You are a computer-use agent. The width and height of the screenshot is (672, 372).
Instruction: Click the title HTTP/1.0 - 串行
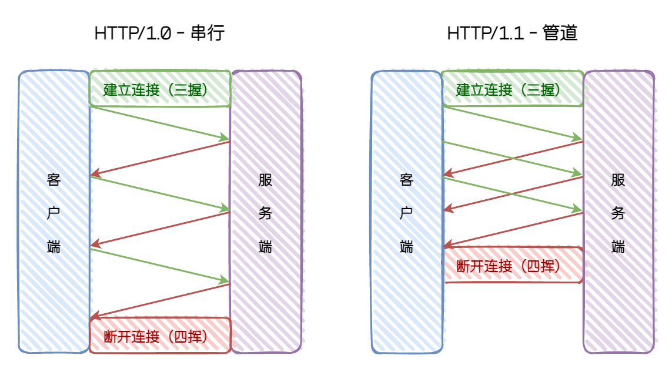point(159,33)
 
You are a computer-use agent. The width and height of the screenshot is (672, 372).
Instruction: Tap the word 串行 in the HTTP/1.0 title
point(208,33)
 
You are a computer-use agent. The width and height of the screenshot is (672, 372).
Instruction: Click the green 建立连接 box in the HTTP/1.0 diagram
point(159,89)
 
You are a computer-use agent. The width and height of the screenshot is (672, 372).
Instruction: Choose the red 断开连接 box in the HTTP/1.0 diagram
point(159,336)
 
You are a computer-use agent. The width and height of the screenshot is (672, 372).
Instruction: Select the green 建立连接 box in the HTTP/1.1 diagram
point(512,89)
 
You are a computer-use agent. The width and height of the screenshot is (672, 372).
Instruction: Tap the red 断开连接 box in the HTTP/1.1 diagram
point(512,266)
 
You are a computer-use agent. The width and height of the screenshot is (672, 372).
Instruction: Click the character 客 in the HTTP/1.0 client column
point(54,180)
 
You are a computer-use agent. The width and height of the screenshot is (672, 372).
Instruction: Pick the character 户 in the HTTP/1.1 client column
point(406,213)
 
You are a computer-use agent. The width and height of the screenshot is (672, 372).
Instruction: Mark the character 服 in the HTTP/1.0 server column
point(265,180)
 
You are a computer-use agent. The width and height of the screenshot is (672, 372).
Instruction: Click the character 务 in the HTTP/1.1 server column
point(618,213)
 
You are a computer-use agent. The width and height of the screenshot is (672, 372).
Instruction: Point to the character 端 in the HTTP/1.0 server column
point(265,247)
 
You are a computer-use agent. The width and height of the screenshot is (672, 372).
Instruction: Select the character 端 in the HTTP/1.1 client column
point(406,247)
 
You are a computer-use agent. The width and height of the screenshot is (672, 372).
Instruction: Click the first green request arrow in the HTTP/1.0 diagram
point(159,123)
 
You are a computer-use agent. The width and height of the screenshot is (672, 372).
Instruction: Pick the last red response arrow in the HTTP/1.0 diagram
point(159,300)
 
